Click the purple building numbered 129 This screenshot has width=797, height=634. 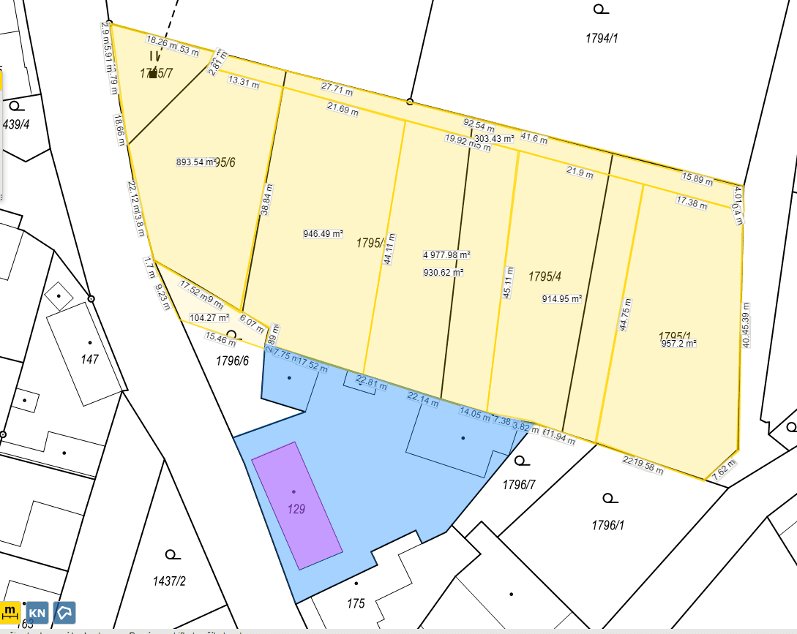pos(296,505)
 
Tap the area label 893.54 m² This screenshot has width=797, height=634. pos(197,162)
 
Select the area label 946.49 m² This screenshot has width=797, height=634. pos(323,234)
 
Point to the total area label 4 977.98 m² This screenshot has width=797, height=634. pos(446,255)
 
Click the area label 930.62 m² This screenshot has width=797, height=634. pos(444,273)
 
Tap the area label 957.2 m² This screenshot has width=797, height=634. pos(678,343)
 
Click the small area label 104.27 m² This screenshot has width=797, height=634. pos(209,318)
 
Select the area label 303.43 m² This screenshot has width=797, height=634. pos(494,138)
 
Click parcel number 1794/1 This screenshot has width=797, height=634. pos(602,39)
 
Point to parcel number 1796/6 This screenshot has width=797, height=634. pos(232,361)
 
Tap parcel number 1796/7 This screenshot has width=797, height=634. pos(520,485)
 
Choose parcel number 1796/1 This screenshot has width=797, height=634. pos(608,525)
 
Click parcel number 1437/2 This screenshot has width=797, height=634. pos(170,581)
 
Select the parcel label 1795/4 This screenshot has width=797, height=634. pos(545,276)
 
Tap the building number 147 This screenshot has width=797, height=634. pos(90,360)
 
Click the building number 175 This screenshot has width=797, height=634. pos(356,603)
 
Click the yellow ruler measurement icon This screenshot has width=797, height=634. pos(11,611)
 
